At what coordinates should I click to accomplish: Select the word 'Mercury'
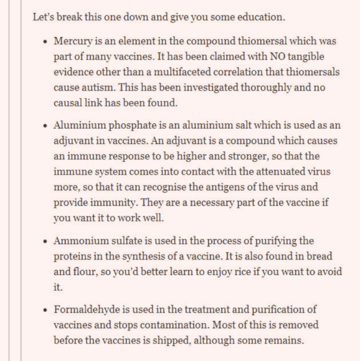pos(74,42)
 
